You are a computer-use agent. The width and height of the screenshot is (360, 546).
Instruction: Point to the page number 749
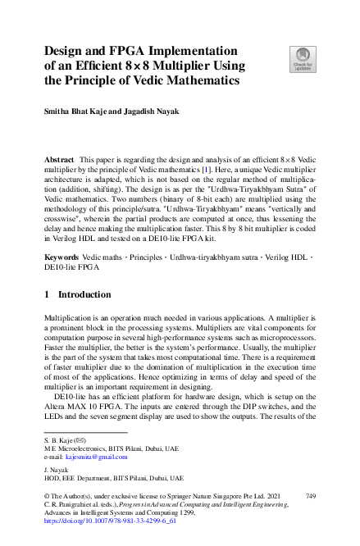point(311,496)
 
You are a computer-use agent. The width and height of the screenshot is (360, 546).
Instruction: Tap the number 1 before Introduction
point(48,294)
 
